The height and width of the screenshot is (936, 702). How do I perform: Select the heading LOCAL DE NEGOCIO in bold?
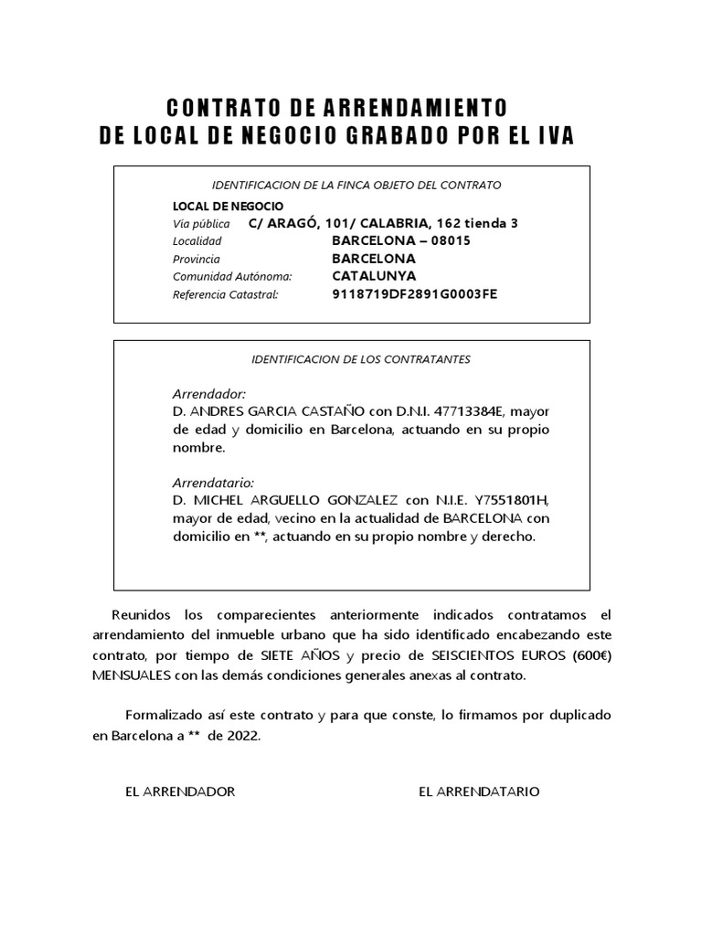[228, 206]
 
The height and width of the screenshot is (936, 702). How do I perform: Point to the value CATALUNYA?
[374, 275]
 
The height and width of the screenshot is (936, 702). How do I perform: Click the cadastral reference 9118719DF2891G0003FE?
[414, 293]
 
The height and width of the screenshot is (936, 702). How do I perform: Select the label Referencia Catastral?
[224, 294]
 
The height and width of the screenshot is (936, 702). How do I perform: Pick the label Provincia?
[196, 259]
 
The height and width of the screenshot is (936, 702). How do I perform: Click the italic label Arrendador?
[209, 393]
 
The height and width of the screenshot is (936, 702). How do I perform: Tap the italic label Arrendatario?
[213, 482]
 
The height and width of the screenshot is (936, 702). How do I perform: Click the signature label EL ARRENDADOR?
[180, 792]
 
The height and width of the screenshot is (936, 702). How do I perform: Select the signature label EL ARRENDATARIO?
[479, 792]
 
